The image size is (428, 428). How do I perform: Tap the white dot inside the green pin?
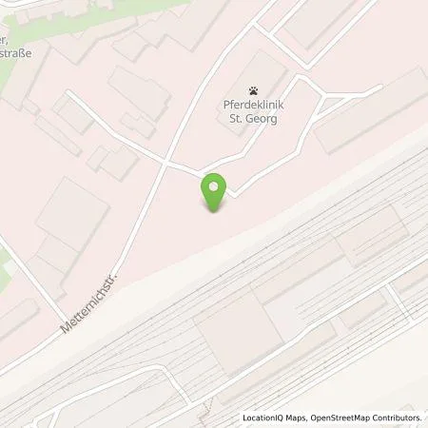[217, 186]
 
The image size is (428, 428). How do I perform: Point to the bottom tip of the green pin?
[217, 211]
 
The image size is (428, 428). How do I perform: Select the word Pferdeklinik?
[253, 107]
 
